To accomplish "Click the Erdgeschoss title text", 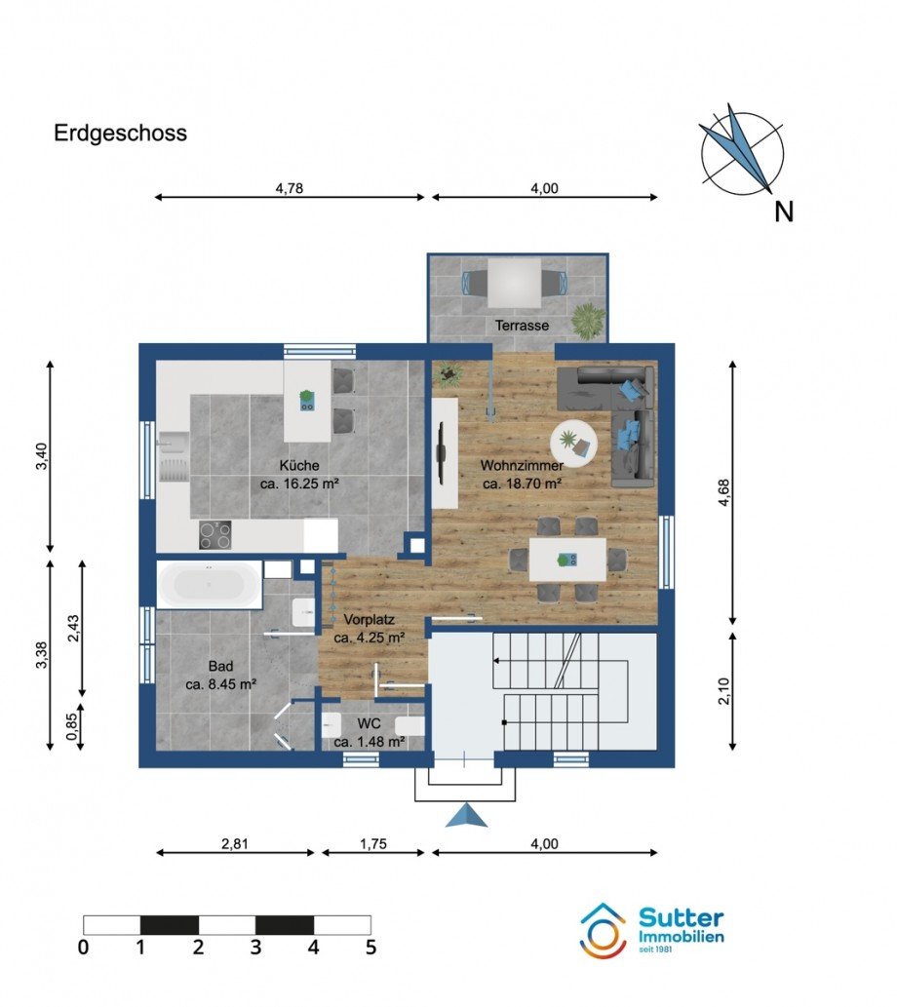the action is pyautogui.click(x=120, y=134).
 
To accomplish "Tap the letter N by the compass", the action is pyautogui.click(x=784, y=212).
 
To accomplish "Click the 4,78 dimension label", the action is pyautogui.click(x=290, y=188).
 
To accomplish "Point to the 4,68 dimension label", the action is pyautogui.click(x=724, y=492).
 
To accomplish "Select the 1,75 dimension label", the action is pyautogui.click(x=373, y=844).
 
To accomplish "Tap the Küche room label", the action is pyautogui.click(x=299, y=466).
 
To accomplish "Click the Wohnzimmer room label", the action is pyautogui.click(x=522, y=466).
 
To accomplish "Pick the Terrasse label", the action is pyautogui.click(x=522, y=326).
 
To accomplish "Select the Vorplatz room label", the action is pyautogui.click(x=369, y=620).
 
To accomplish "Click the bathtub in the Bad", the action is pyautogui.click(x=210, y=585).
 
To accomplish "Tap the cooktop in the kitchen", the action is pyautogui.click(x=214, y=534).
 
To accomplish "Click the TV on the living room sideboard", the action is pyautogui.click(x=442, y=452).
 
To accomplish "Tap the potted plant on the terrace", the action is pyautogui.click(x=589, y=321).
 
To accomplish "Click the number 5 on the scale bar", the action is pyautogui.click(x=370, y=948).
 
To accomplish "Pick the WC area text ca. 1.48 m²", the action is pyautogui.click(x=369, y=742).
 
